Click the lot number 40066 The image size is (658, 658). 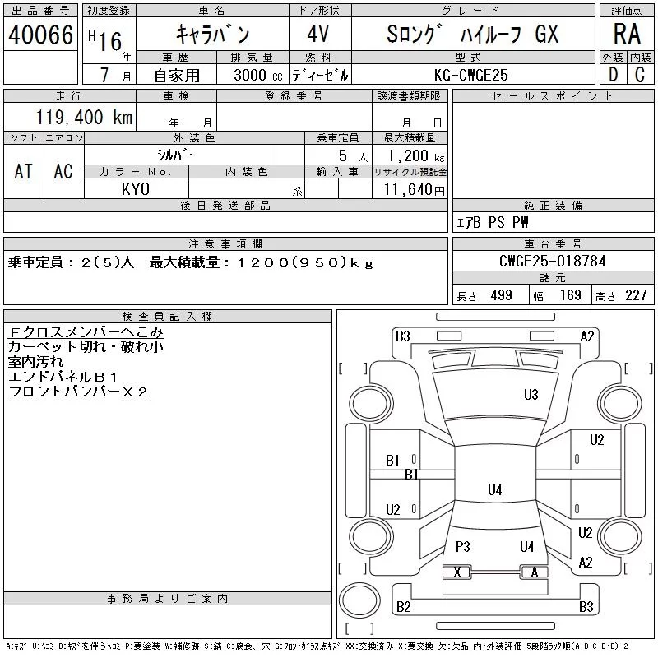(x=40, y=35)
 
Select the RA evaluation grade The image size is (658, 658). (x=627, y=34)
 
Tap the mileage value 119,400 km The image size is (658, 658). (x=84, y=117)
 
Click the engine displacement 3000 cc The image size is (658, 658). (x=258, y=75)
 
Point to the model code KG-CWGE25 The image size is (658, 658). (x=470, y=75)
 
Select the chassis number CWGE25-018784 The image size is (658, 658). (x=553, y=261)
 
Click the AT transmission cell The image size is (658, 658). (x=23, y=171)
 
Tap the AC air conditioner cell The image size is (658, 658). (x=63, y=171)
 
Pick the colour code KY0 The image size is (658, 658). (x=136, y=189)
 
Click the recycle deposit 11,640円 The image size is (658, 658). (x=415, y=189)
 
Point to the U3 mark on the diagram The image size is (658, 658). (x=531, y=395)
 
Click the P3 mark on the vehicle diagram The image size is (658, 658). (x=462, y=547)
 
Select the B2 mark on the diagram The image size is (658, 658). (x=403, y=607)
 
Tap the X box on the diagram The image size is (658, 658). (x=457, y=572)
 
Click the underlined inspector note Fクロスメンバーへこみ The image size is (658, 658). (x=86, y=332)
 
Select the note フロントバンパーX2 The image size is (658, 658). (x=77, y=392)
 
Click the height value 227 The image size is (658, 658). (x=636, y=295)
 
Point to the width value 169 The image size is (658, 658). (x=570, y=295)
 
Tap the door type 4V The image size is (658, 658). (x=318, y=34)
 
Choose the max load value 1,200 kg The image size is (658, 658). (x=415, y=155)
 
